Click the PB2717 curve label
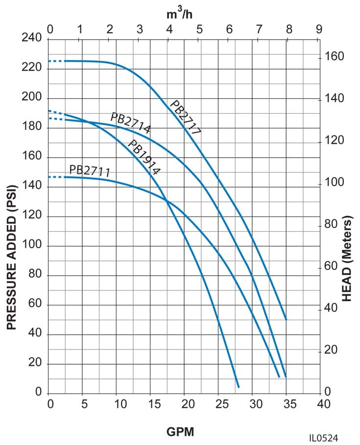tap(186, 117)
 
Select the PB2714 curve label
tap(130, 123)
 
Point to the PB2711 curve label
tap(89, 171)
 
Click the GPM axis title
tap(181, 432)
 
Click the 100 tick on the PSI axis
tap(31, 246)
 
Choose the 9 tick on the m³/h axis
tap(319, 29)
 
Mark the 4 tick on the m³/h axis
tap(169, 29)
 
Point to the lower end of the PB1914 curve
tap(239, 387)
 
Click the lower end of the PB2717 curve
tap(286, 319)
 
